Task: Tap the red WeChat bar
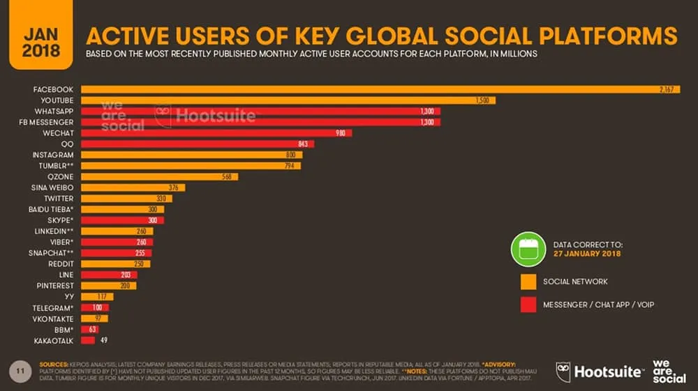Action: coord(216,133)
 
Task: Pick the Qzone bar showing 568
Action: coord(159,177)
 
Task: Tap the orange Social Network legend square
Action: coord(528,282)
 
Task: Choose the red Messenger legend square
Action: coord(528,304)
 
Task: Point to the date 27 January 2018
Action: coord(587,254)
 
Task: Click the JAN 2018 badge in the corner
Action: coord(41,43)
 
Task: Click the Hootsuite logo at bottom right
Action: coord(600,371)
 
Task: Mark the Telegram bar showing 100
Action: coord(95,307)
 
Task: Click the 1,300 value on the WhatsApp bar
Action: coord(427,112)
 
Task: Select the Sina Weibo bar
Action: coord(133,187)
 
